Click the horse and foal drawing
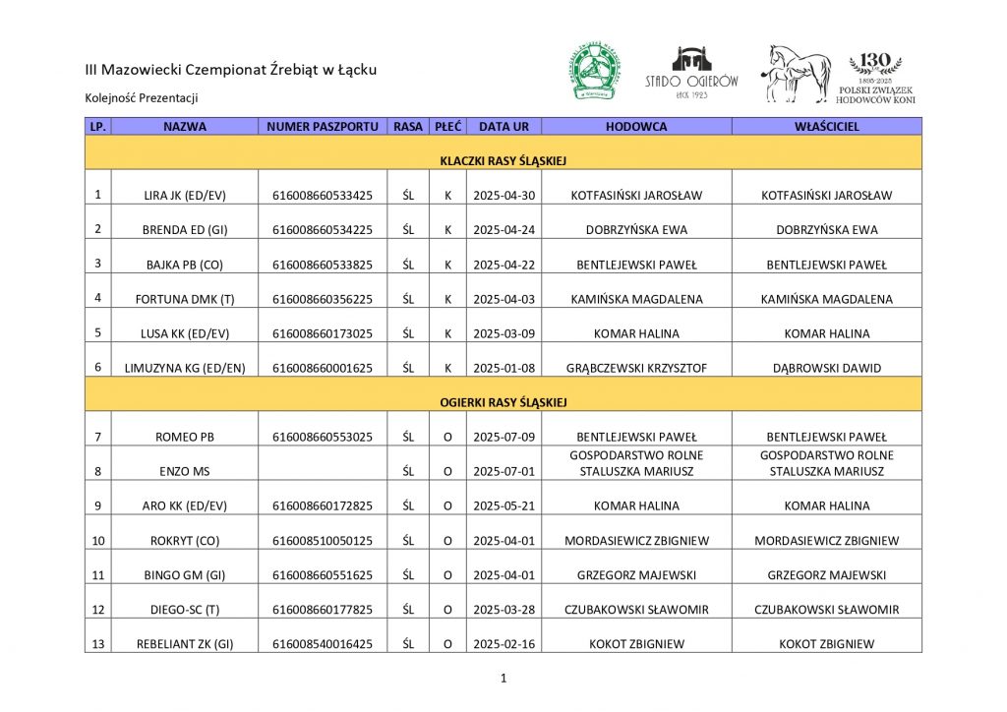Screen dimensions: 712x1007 click(x=798, y=73)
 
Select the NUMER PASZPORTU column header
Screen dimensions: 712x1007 click(x=323, y=127)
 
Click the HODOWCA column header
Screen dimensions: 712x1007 click(x=636, y=127)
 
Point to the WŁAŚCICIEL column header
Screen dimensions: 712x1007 click(x=827, y=127)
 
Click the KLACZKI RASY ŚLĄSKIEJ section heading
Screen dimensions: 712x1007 click(x=503, y=160)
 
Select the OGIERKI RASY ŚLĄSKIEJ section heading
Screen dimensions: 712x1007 click(x=503, y=402)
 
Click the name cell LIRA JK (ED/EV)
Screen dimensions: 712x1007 click(x=185, y=196)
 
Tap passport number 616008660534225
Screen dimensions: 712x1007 click(x=323, y=230)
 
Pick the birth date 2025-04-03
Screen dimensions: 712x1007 click(x=503, y=299)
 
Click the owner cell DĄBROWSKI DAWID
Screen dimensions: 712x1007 click(x=827, y=368)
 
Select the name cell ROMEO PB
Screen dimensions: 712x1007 click(x=185, y=437)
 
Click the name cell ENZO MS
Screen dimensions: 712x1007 click(x=185, y=471)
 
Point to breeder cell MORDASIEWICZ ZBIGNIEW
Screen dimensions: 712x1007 click(x=636, y=540)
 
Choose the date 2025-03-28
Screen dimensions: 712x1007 click(x=503, y=609)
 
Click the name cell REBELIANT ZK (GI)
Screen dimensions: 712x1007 click(x=185, y=644)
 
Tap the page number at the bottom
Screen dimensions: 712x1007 click(x=503, y=678)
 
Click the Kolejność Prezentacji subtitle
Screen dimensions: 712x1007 click(x=142, y=97)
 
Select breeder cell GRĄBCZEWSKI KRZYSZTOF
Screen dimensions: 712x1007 click(x=636, y=368)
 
